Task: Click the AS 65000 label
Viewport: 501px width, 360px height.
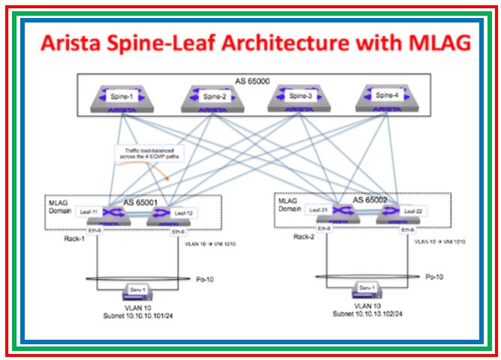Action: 252,80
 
